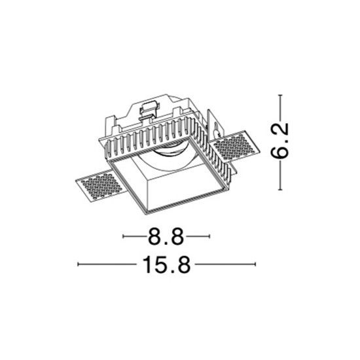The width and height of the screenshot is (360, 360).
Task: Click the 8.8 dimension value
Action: tap(166, 236)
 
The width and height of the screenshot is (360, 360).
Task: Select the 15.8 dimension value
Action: tap(166, 264)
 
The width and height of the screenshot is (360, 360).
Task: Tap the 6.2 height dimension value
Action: tap(279, 141)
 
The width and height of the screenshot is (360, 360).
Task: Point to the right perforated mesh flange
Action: tap(235, 147)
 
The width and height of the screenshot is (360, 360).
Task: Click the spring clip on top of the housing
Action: tap(149, 110)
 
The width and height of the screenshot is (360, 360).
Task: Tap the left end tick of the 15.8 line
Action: tap(79, 264)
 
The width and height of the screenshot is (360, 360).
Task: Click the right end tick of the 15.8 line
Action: tap(255, 264)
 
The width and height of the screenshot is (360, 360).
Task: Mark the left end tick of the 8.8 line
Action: tap(123, 236)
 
